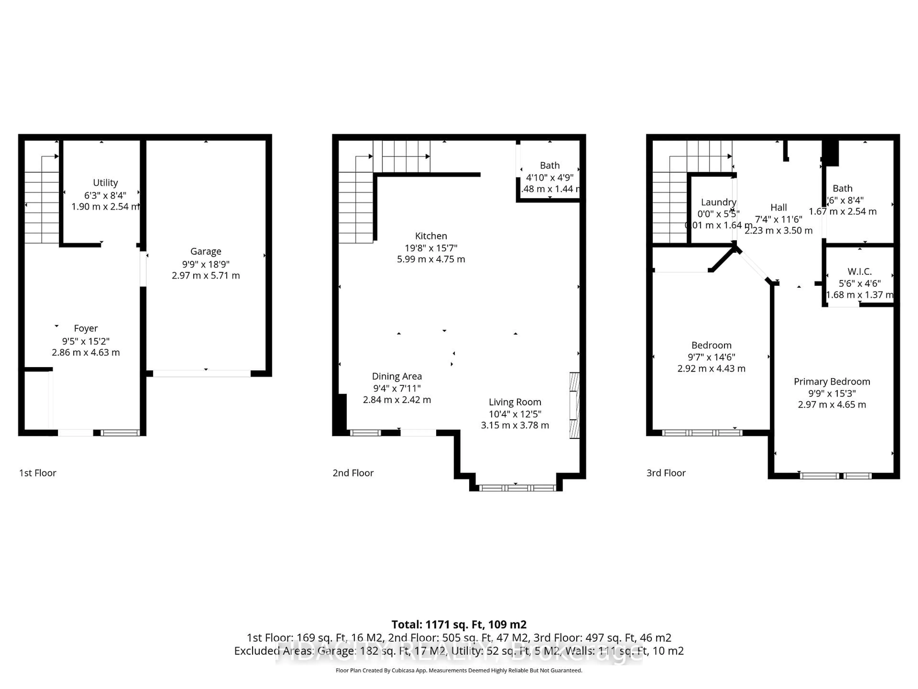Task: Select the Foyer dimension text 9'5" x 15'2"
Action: [x=86, y=341]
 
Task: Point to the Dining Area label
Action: [x=397, y=376]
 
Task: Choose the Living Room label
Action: [x=515, y=402]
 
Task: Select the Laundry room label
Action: [x=718, y=202]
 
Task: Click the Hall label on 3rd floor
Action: [x=779, y=207]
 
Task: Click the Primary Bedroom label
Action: [x=832, y=382]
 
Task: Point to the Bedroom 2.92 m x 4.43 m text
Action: [x=711, y=368]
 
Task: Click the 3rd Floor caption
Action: [x=666, y=473]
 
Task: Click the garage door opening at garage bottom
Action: [x=202, y=374]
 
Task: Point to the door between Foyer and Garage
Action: [x=143, y=269]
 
